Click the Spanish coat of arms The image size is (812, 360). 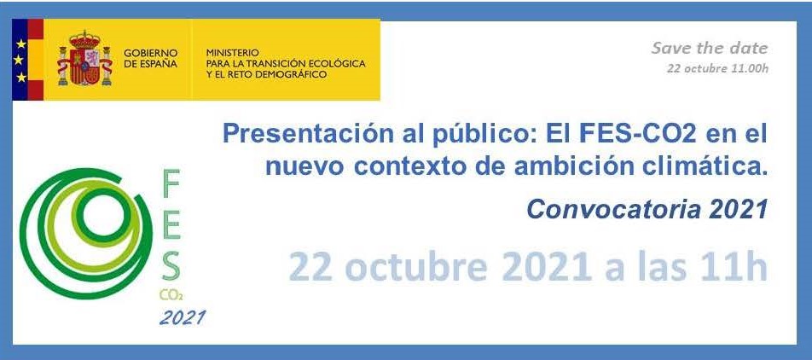point(85,58)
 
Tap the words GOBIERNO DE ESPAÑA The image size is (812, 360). point(151,59)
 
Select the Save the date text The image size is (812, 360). point(710,48)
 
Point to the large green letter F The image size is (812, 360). point(171,183)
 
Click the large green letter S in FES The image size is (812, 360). point(171,265)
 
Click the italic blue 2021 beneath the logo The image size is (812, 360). point(182,317)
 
